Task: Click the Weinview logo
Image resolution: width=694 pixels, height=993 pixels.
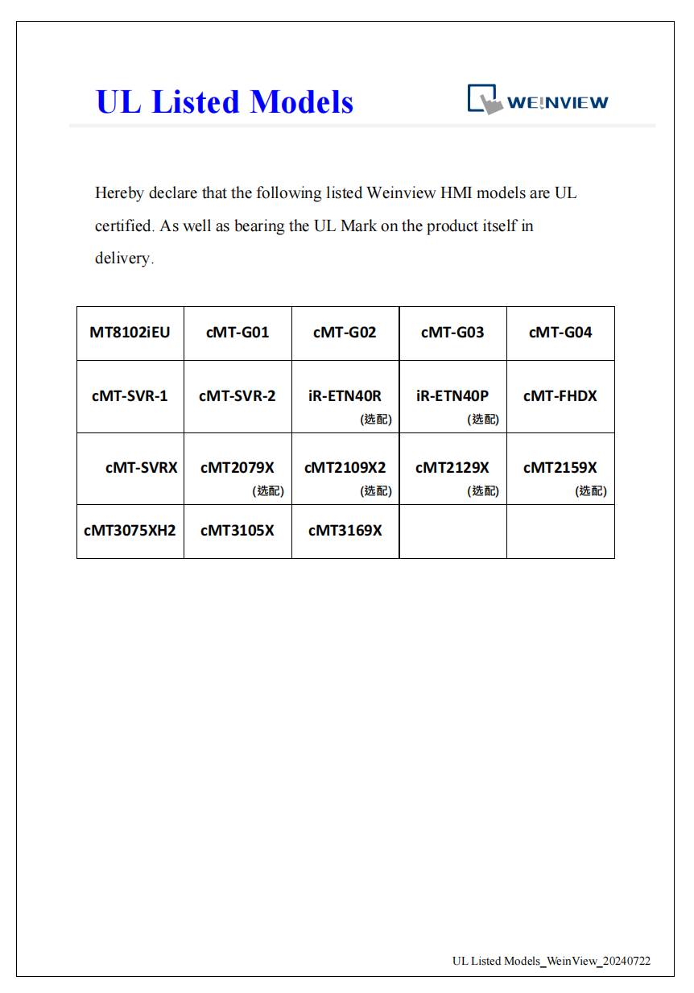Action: pyautogui.click(x=538, y=101)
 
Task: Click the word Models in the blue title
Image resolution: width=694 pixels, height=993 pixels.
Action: pyautogui.click(x=301, y=102)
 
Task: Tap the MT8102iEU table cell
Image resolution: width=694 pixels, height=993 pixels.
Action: pyautogui.click(x=130, y=332)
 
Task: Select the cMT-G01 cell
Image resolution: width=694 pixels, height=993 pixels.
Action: pyautogui.click(x=238, y=332)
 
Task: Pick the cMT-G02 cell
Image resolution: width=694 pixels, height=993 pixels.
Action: pyautogui.click(x=345, y=332)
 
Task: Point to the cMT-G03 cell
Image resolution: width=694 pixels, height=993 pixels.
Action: pyautogui.click(x=452, y=332)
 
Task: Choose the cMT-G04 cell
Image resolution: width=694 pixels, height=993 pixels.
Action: pyautogui.click(x=560, y=332)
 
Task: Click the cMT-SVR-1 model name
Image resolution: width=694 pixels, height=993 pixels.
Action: pyautogui.click(x=130, y=395)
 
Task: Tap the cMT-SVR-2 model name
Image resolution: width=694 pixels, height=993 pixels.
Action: pyautogui.click(x=238, y=395)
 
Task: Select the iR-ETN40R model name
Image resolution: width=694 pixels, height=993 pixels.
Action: pyautogui.click(x=345, y=395)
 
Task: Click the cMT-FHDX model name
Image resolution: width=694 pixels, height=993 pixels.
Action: pyautogui.click(x=560, y=395)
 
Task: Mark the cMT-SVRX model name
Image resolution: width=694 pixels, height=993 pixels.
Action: pyautogui.click(x=141, y=467)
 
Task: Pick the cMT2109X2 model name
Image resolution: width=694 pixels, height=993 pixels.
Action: pyautogui.click(x=345, y=467)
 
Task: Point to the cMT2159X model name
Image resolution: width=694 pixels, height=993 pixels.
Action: pyautogui.click(x=560, y=467)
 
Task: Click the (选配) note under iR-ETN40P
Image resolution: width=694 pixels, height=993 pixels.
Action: pyautogui.click(x=483, y=419)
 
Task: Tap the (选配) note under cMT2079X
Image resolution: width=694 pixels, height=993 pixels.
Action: pyautogui.click(x=268, y=490)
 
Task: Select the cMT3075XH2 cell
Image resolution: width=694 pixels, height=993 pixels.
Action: pyautogui.click(x=130, y=530)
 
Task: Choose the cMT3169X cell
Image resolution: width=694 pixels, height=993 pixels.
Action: pyautogui.click(x=345, y=530)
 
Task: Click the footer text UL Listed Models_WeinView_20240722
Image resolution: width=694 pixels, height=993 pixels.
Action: pyautogui.click(x=551, y=961)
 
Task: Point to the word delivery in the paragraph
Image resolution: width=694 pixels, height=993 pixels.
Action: pyautogui.click(x=123, y=259)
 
